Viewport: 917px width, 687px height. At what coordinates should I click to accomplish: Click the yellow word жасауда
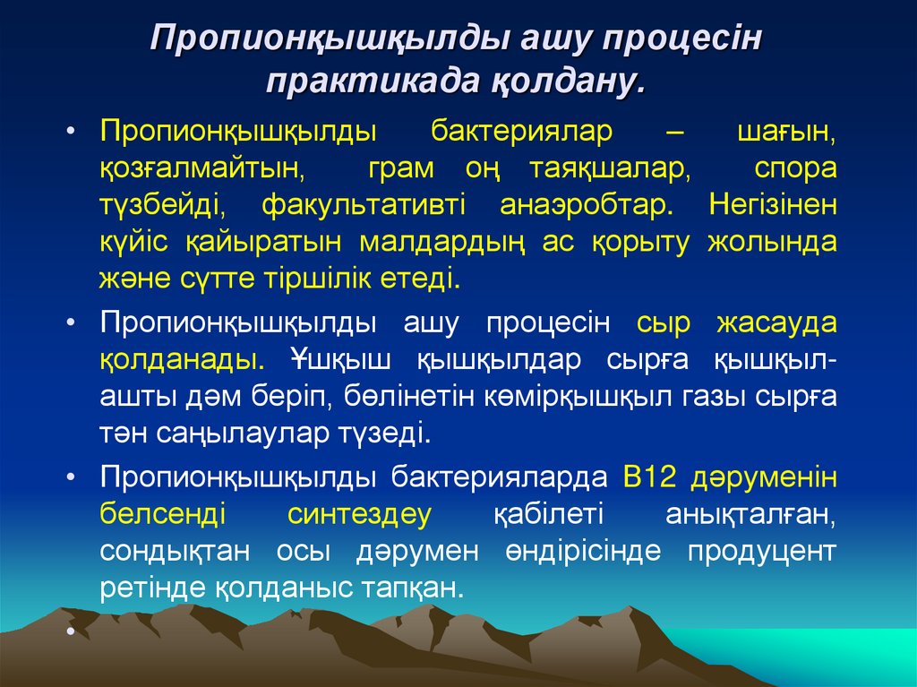(776, 323)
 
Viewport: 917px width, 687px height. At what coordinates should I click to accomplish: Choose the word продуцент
(762, 552)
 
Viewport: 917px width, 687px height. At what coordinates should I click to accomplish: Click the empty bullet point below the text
(70, 631)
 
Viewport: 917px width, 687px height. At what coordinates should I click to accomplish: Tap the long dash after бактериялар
(674, 131)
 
